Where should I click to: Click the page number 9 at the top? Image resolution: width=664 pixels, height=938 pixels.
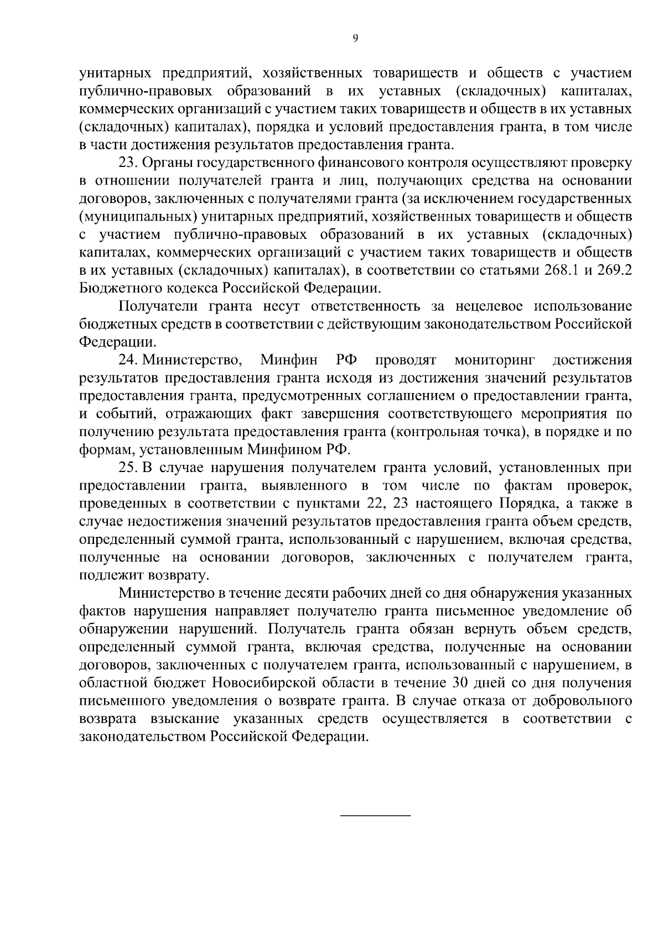355,38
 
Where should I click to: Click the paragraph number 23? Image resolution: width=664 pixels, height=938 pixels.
128,163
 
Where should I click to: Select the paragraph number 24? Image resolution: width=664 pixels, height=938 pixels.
128,361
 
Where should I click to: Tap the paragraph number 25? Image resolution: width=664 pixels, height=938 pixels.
128,468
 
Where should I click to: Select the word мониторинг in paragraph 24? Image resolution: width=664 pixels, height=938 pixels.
494,361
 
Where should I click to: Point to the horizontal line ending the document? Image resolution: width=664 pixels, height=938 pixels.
375,816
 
